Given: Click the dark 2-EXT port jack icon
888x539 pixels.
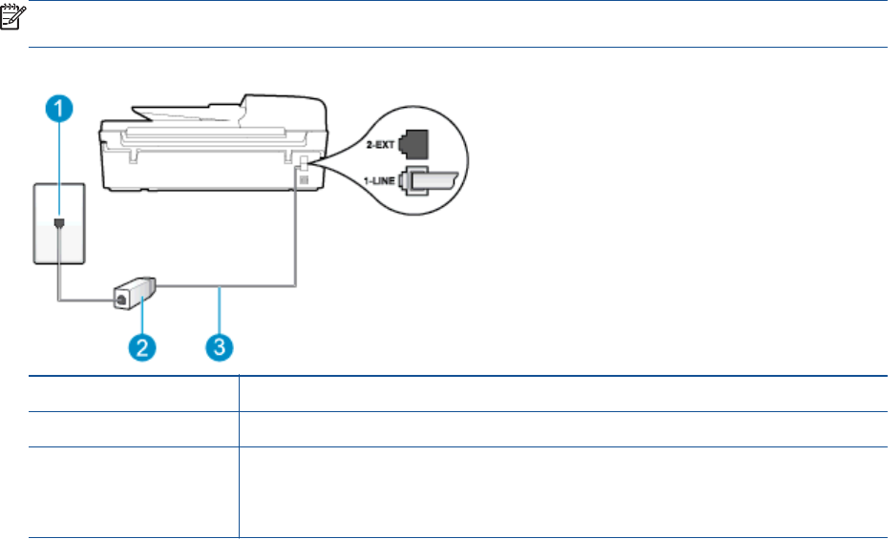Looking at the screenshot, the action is pos(415,143).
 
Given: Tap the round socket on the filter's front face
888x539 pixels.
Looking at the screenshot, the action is pos(121,299).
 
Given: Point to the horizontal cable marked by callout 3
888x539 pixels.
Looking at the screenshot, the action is pos(229,283).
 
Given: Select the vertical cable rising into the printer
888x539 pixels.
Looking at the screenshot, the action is pos(297,238).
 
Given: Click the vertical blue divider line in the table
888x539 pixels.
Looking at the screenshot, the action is pos(238,458).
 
